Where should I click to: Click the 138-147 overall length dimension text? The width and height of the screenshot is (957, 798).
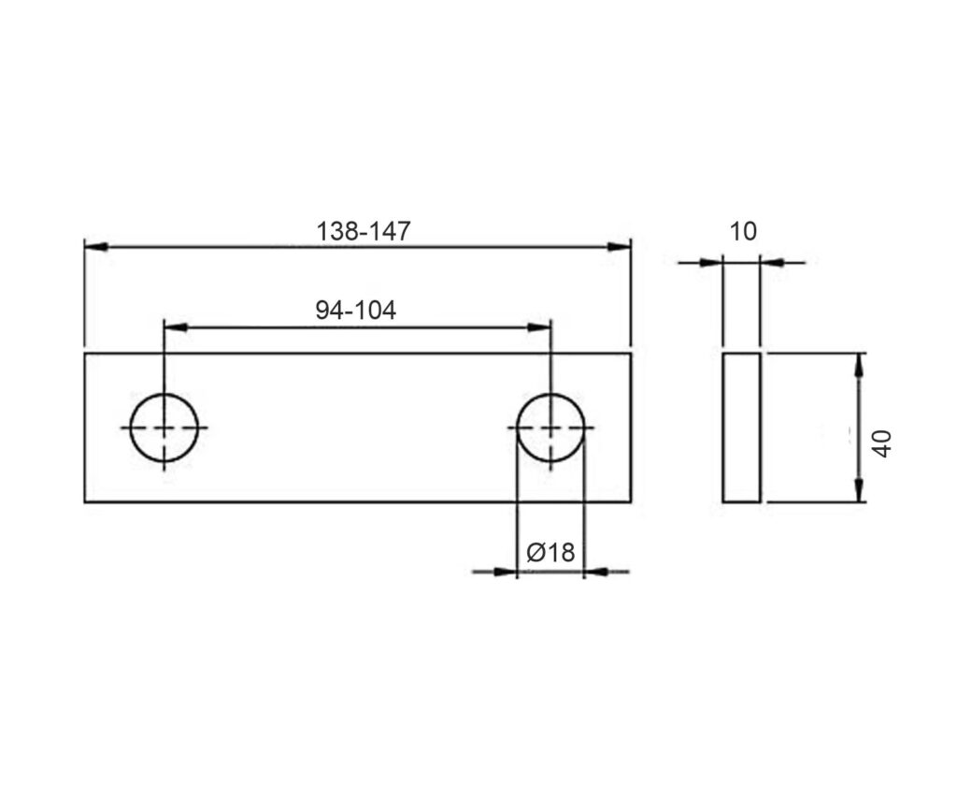pos(364,231)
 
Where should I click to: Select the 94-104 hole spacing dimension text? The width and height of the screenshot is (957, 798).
pos(356,311)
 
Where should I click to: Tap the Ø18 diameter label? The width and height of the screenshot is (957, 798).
pos(550,552)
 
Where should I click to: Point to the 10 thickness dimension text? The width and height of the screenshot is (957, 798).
pos(743,232)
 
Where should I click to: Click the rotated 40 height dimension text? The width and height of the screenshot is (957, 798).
pos(882,443)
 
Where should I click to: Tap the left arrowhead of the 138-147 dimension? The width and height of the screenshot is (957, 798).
pos(96,247)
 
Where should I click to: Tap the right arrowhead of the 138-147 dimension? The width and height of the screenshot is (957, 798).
pos(619,247)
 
